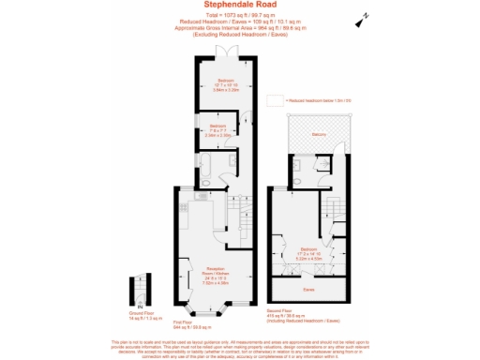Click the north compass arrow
360,19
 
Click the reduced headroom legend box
275,99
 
